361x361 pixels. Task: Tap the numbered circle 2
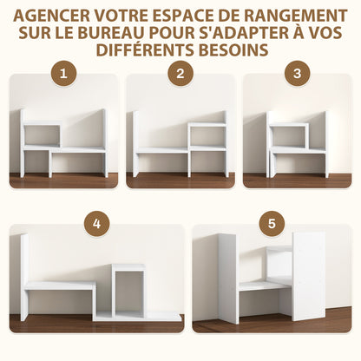pyautogui.click(x=180, y=74)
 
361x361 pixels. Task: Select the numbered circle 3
pyautogui.click(x=297, y=74)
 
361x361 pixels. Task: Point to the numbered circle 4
pyautogui.click(x=97, y=224)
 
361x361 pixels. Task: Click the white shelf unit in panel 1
pyautogui.click(x=64, y=143)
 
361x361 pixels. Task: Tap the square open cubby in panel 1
pyautogui.click(x=42, y=135)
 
